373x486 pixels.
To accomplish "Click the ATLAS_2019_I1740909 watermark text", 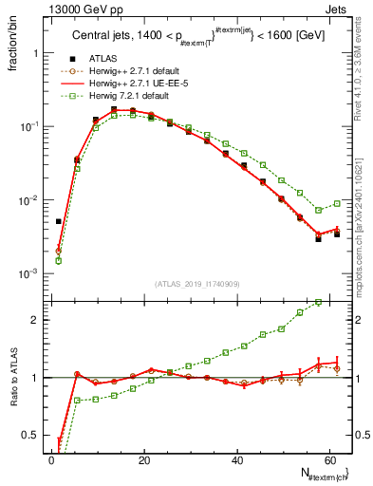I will click(x=198, y=284).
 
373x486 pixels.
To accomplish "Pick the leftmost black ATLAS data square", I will click(x=59, y=221).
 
